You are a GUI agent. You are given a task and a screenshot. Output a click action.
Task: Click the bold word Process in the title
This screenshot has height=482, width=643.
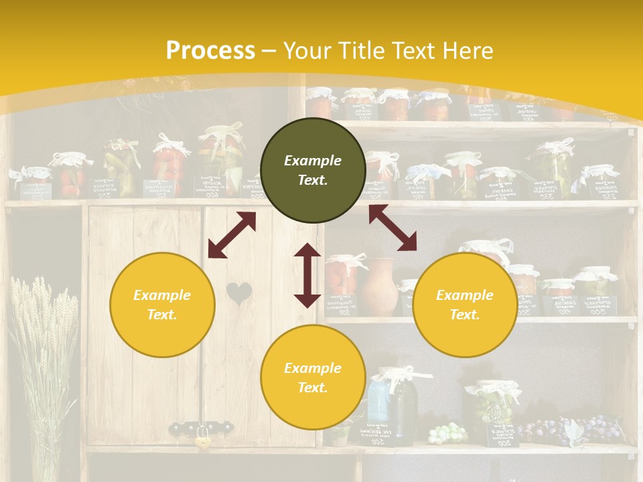coord(210,51)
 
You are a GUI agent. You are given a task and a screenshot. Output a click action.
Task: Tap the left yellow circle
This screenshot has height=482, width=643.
coord(162,305)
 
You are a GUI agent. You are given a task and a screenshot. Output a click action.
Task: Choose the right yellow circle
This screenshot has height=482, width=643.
coord(465,305)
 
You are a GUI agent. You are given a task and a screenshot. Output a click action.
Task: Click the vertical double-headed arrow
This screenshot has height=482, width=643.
coord(307,275)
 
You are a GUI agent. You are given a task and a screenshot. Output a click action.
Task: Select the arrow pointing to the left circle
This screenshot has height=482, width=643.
coord(232,235)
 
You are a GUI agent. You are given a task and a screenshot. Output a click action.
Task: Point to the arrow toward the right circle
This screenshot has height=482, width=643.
coord(392,228)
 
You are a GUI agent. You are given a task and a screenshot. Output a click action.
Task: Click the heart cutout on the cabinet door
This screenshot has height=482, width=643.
coord(238,293)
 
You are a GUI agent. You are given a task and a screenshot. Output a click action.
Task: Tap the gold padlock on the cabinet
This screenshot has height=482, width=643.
coord(201,441)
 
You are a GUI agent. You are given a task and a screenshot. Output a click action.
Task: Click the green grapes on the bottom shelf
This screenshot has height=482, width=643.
coord(447,433)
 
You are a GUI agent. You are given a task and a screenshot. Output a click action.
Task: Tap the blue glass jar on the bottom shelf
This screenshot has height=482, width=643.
coord(379,399)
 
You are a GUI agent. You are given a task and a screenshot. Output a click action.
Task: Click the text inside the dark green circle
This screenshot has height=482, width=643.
coord(313,170)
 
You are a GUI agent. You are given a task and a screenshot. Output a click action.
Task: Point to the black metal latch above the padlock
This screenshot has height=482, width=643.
coord(201,426)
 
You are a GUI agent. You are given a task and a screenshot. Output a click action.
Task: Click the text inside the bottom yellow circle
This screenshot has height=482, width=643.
coord(313,378)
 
